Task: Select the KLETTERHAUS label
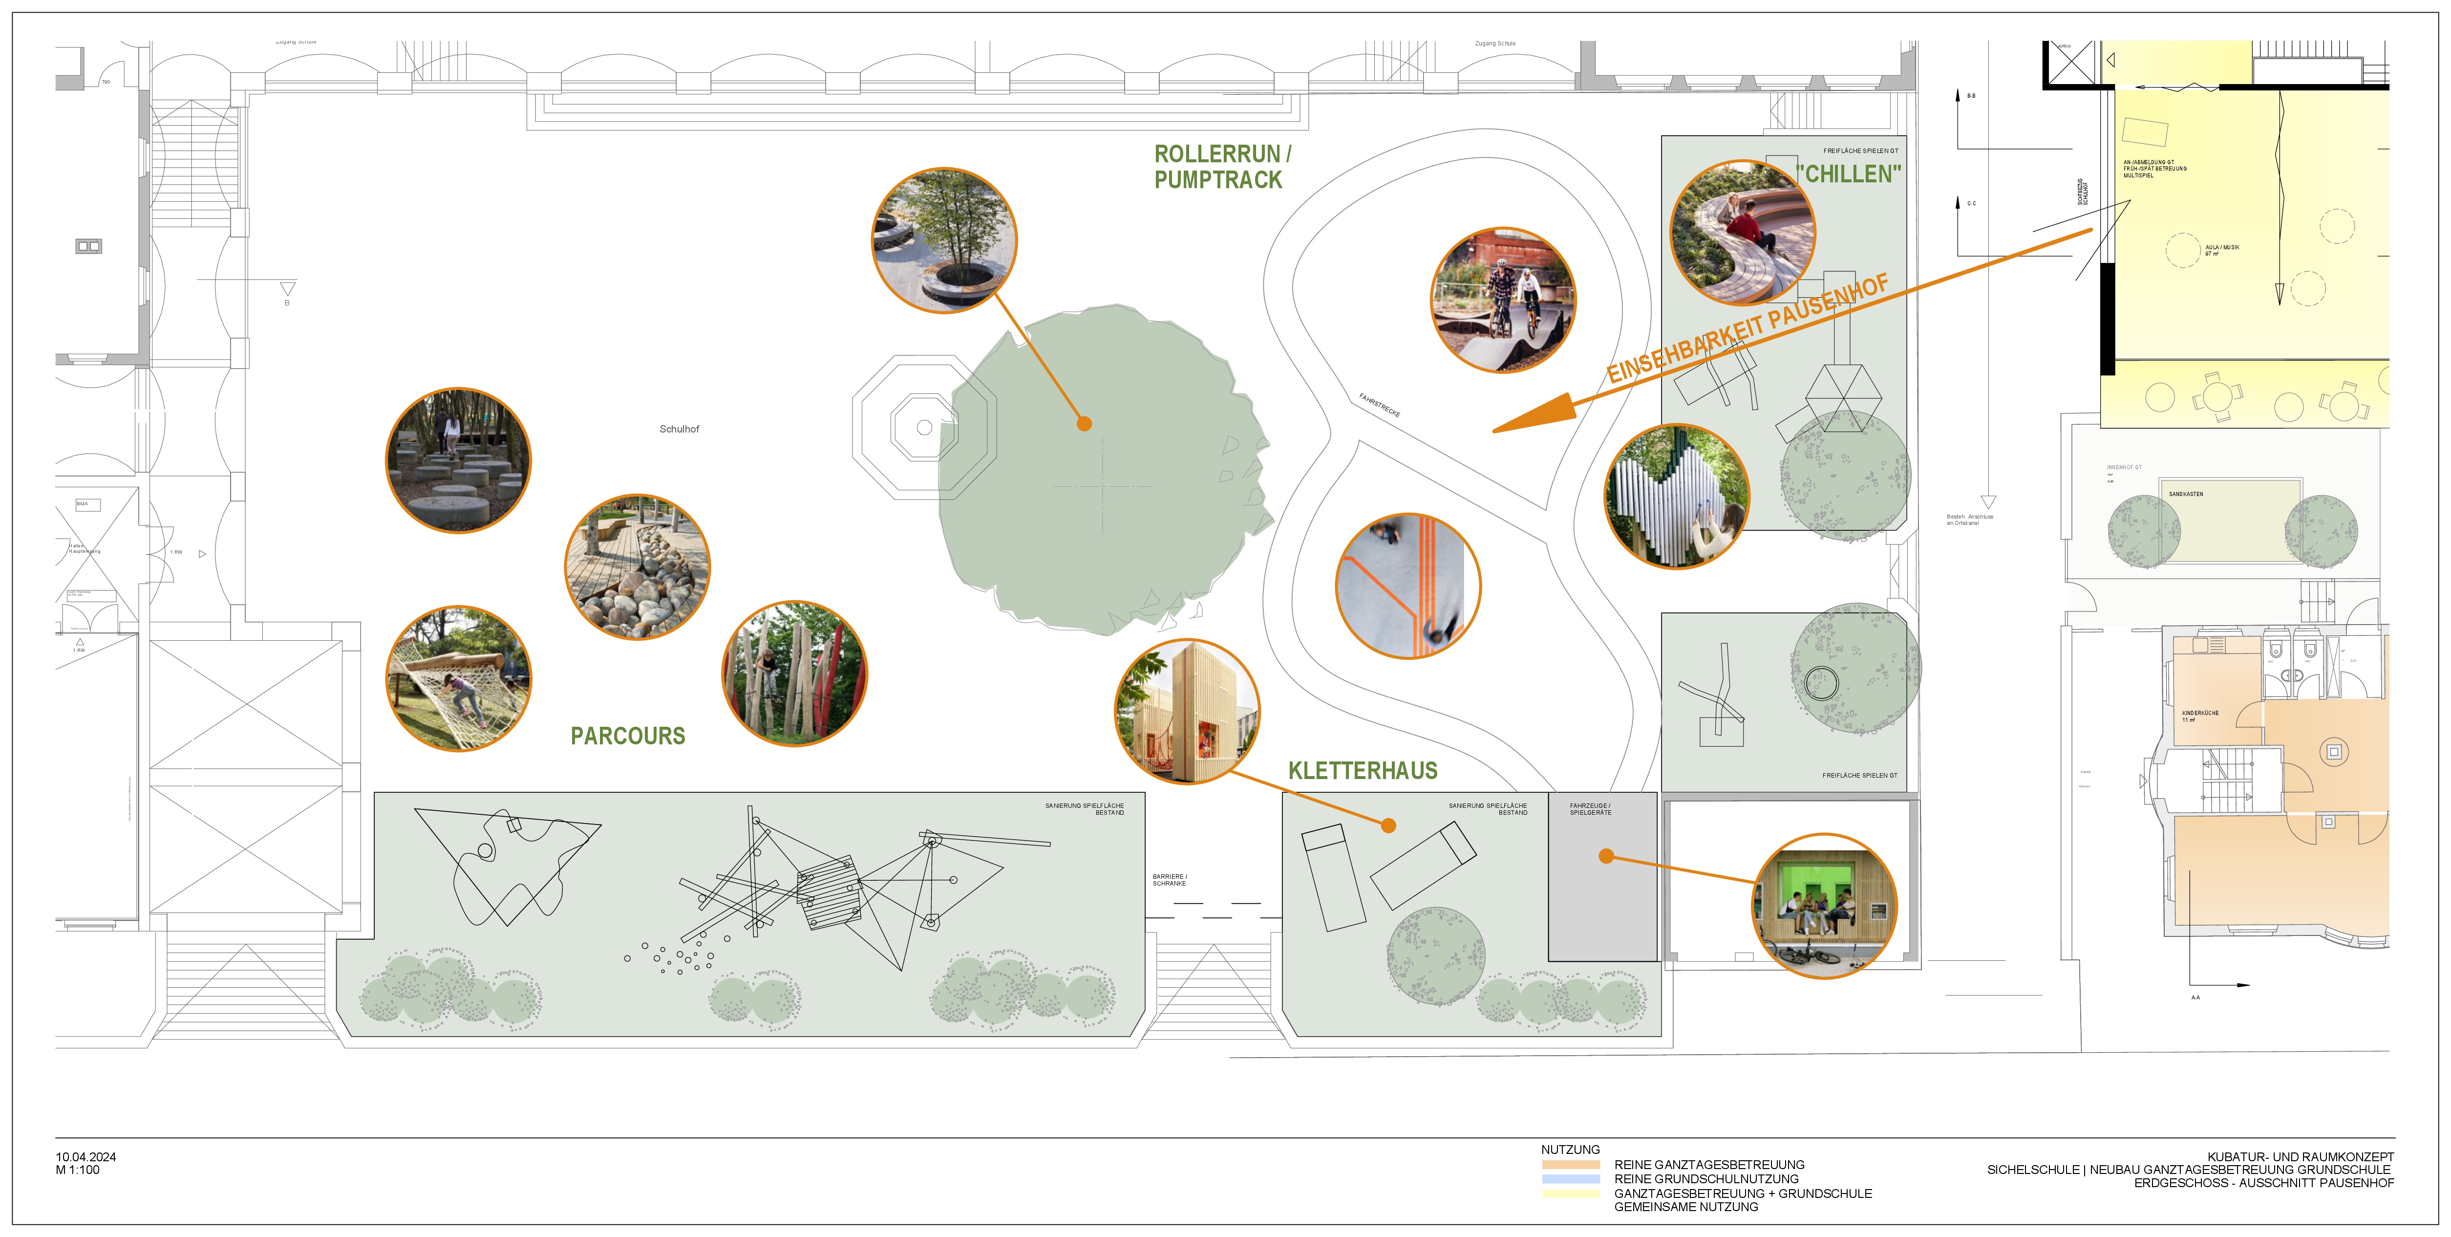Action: coord(1363,771)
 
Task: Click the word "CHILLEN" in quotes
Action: coord(1849,174)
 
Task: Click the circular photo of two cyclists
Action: coord(1503,299)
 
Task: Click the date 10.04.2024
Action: coord(85,1157)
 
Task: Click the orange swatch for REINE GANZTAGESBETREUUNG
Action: coord(1570,1165)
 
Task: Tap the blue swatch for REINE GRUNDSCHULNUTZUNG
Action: coord(1570,1179)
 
